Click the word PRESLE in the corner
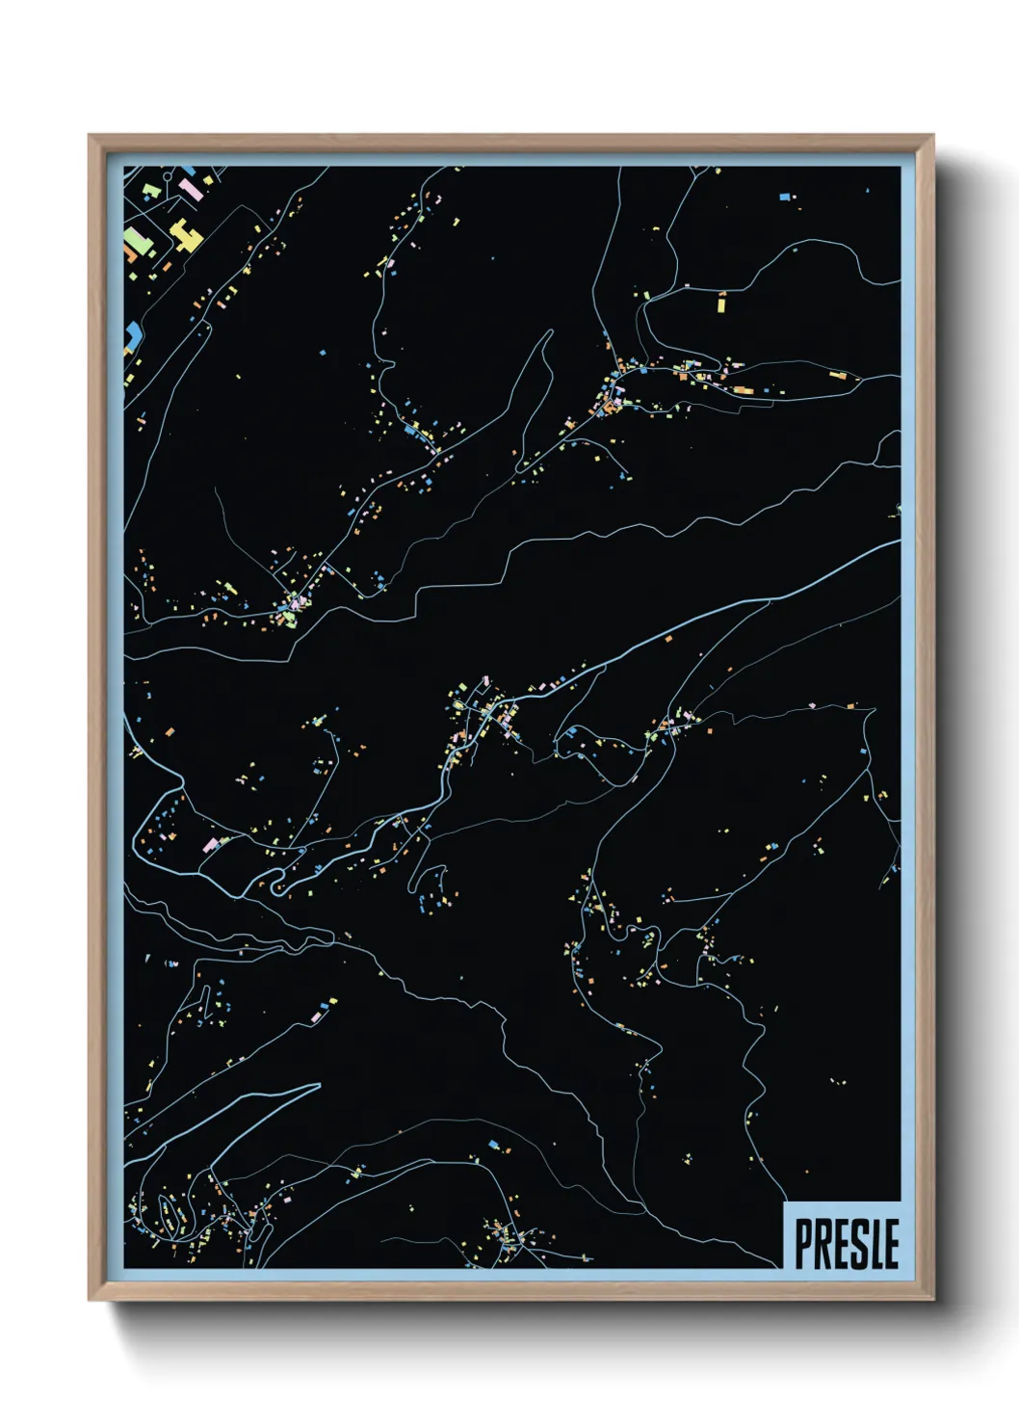846,1243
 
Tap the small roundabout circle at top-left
169,177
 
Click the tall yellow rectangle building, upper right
720,303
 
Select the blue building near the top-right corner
785,197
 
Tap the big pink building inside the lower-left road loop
211,844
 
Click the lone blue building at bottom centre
495,1145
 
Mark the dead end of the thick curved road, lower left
319,1085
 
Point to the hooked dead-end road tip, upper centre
551,332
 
